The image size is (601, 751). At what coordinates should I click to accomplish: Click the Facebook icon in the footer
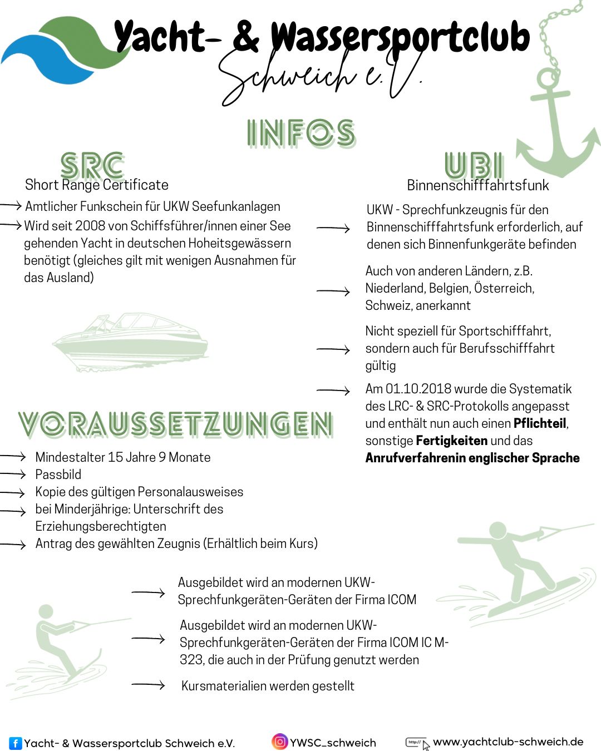pos(16,743)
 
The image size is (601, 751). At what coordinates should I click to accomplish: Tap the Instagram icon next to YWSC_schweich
pos(280,742)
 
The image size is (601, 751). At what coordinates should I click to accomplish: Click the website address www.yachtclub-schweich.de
pos(508,742)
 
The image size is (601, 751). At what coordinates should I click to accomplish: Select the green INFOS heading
pos(301,134)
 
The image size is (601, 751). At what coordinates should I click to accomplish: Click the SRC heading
pos(92,166)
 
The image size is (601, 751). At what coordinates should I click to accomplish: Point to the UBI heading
pos(474,166)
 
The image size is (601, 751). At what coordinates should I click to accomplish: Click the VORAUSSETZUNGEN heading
pos(176,424)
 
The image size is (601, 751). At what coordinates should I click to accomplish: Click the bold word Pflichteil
pos(539,423)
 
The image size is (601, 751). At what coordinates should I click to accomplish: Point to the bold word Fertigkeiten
pos(451,441)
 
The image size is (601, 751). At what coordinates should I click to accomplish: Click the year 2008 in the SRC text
pos(90,226)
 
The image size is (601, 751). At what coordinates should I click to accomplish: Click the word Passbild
pos(58,475)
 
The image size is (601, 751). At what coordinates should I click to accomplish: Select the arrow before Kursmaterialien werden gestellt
pos(148,685)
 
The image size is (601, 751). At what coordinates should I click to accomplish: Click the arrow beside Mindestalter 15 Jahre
pos(13,457)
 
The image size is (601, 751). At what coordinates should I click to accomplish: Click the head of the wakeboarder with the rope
pos(497,530)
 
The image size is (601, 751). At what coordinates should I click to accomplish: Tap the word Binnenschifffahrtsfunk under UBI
pos(477,185)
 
